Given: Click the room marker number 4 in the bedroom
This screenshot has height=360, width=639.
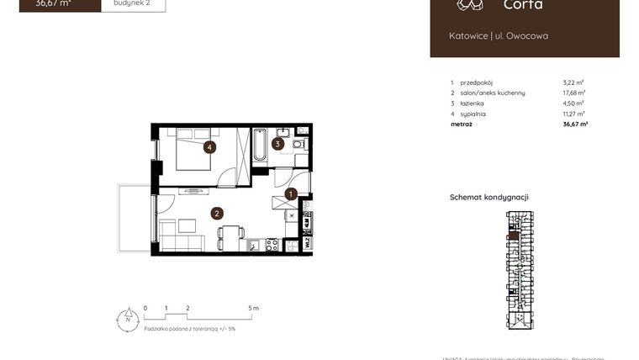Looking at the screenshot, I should tap(209, 147).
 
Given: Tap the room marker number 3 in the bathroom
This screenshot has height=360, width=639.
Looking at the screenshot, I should tap(278, 143).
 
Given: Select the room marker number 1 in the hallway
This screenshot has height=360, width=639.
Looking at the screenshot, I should tap(291, 194).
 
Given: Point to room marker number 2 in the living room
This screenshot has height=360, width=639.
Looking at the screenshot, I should tap(217, 214).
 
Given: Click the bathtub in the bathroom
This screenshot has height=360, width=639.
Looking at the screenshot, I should tap(261, 145).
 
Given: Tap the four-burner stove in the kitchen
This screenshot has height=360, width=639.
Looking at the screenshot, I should tap(272, 245).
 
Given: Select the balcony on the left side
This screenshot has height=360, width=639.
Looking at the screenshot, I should tap(134, 219).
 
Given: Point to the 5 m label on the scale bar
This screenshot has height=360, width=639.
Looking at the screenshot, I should tap(255, 309).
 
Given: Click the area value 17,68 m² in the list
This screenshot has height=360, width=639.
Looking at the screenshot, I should tap(574, 93).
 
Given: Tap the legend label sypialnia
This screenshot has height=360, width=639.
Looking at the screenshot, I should tap(473, 114).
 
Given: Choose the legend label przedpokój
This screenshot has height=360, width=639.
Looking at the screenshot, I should tap(477, 82).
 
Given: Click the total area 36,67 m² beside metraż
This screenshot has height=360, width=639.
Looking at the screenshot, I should tap(575, 124).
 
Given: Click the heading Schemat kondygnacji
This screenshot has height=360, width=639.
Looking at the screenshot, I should tap(488, 197).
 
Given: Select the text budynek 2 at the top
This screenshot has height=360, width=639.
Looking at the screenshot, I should tap(133, 3).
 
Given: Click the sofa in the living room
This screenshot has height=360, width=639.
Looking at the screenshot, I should tap(182, 244).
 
